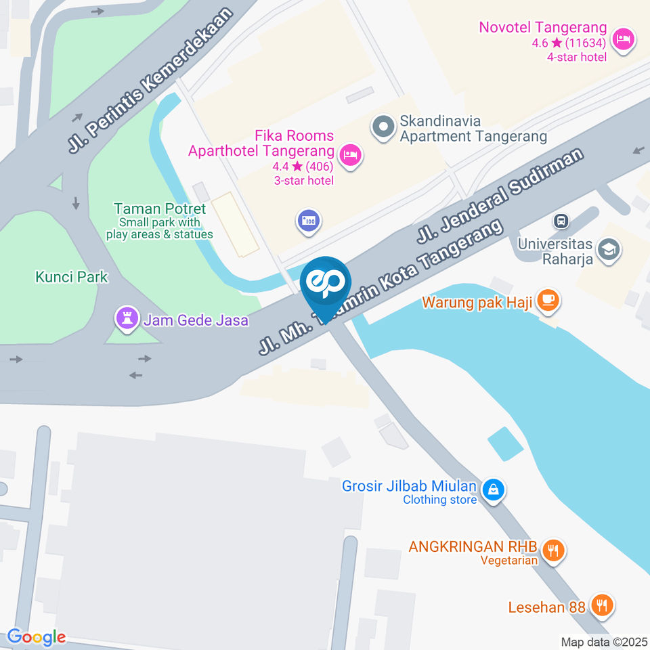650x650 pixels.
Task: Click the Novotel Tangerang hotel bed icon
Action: [622, 39]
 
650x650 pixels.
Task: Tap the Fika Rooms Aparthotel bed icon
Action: [350, 156]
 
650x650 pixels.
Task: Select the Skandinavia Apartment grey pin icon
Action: [383, 127]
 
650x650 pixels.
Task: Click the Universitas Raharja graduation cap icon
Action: [609, 249]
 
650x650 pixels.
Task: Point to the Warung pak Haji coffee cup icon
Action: [547, 299]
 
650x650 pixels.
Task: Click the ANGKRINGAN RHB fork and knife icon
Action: [554, 550]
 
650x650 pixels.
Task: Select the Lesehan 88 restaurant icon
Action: [601, 605]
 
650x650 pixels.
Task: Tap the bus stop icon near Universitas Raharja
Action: [561, 221]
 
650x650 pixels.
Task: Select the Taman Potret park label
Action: [160, 209]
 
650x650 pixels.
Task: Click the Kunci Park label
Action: [72, 277]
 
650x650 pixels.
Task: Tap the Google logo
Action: [36, 637]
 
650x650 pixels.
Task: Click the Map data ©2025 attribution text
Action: [604, 642]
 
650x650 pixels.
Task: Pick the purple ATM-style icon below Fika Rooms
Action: [309, 221]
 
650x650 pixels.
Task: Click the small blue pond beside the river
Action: [505, 443]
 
